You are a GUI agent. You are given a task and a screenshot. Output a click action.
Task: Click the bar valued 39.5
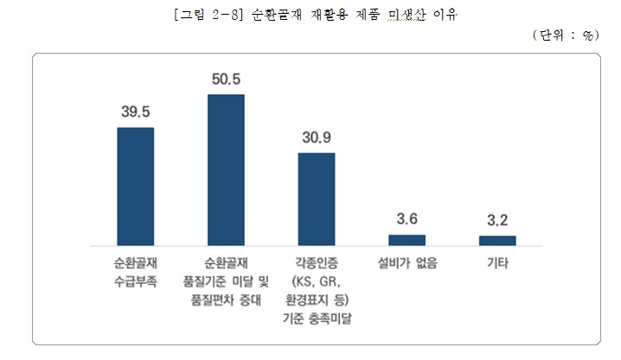135,185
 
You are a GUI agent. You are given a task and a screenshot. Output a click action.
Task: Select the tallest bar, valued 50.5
226,168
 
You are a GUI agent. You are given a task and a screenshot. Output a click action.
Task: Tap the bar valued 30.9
316,198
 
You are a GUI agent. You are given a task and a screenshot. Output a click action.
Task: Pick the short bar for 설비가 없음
407,239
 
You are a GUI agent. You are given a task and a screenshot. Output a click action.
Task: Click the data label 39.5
136,112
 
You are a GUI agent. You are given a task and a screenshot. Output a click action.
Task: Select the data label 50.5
226,79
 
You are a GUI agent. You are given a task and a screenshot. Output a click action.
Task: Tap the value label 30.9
317,138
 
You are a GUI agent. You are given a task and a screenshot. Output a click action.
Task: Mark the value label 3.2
497,221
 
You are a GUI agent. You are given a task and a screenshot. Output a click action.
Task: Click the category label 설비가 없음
407,261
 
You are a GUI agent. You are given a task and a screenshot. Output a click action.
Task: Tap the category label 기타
497,261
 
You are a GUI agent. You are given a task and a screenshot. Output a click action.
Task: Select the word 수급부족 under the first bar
135,280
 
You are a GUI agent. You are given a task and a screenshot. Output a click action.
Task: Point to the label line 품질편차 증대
226,299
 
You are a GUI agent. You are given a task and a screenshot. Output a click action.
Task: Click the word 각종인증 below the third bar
316,261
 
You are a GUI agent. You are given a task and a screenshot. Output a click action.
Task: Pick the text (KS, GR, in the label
316,280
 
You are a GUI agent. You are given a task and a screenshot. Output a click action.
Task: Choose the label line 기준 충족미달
317,318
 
